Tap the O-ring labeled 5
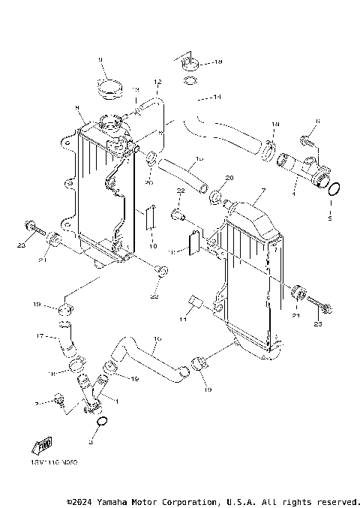[x=335, y=188]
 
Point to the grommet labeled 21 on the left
[x=55, y=241]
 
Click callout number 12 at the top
[x=157, y=81]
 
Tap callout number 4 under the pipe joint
[x=293, y=194]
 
